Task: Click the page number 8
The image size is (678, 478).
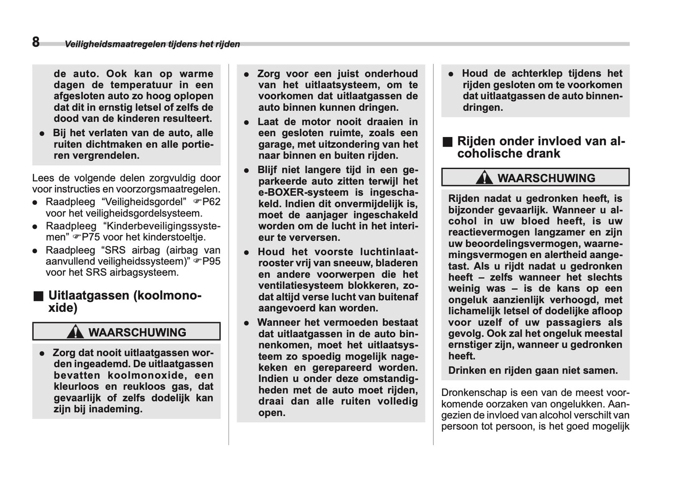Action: click(x=36, y=42)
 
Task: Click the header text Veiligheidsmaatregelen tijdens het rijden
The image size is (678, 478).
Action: click(x=152, y=44)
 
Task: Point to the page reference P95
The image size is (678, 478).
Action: click(x=211, y=261)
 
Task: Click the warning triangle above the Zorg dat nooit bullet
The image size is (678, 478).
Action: click(x=75, y=332)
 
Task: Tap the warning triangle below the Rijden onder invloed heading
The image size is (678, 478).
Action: click(x=484, y=178)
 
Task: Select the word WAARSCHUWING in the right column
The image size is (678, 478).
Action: click(x=546, y=178)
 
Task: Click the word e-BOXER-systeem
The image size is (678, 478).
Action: click(x=303, y=193)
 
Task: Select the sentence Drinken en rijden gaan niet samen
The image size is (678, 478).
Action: click(x=533, y=370)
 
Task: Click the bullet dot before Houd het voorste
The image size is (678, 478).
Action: click(x=246, y=253)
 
